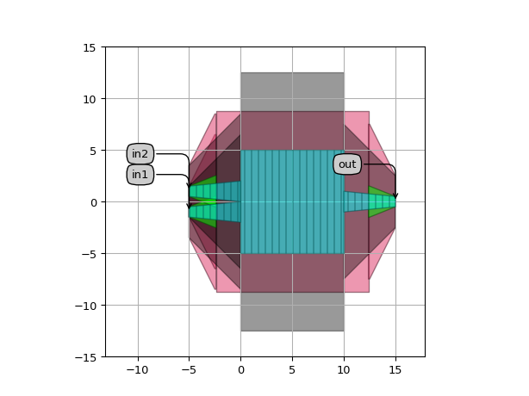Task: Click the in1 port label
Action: coord(140,175)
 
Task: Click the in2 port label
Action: coord(140,154)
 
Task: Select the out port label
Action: coord(347,164)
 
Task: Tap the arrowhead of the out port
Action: coord(395,195)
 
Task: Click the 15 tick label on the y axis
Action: coord(90,47)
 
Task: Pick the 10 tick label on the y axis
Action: coord(90,99)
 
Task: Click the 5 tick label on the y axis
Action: coord(93,151)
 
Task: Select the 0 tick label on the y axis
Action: coord(93,202)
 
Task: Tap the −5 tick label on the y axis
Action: coord(89,254)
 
